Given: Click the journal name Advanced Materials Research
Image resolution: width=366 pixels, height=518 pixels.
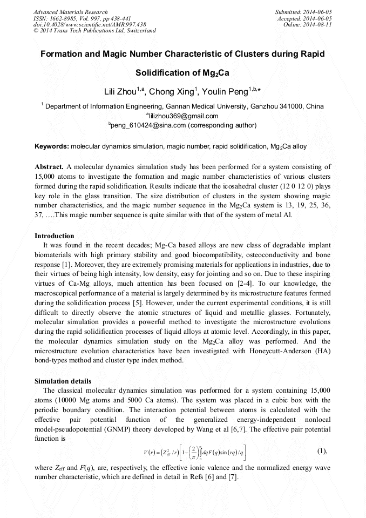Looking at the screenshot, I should (70, 12).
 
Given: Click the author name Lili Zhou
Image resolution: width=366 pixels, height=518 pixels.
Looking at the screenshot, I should (121, 92).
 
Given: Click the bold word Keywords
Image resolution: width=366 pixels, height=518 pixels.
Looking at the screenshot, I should (51, 146).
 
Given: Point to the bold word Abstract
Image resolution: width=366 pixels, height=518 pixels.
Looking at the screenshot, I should (49, 167).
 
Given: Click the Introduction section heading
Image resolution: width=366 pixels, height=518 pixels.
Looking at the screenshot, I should (55, 236).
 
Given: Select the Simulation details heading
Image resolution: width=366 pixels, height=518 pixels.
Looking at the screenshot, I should (63, 381).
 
